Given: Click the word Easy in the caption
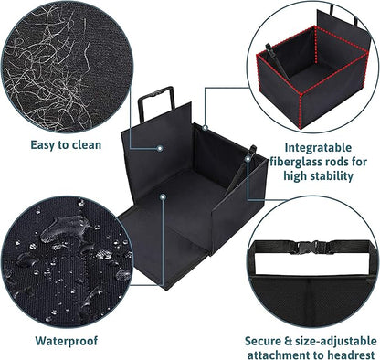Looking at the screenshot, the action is click(43, 145).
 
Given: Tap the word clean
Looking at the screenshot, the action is click(87, 144).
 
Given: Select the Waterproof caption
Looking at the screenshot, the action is click(67, 341).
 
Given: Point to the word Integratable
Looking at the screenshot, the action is click(318, 148).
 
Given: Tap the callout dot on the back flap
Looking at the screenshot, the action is click(159, 148).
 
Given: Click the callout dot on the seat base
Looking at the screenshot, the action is click(164, 196).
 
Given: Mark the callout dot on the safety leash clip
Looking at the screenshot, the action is click(248, 159).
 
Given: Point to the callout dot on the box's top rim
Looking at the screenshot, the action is click(205, 128).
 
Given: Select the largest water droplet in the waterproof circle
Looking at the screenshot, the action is click(65, 228).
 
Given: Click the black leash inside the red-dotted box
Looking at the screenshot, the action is click(277, 62).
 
